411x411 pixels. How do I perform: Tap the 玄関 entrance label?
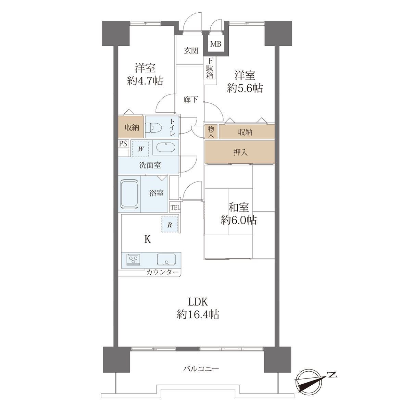[191, 51]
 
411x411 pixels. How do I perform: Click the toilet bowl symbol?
[153, 128]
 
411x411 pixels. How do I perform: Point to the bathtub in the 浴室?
[129, 194]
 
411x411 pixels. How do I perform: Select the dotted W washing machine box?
[140, 149]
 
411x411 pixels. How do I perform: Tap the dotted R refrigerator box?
[170, 224]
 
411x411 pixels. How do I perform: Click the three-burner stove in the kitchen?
[133, 260]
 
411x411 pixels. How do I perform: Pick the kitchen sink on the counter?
[166, 259]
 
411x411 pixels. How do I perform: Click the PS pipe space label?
[123, 144]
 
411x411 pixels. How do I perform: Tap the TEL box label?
[175, 208]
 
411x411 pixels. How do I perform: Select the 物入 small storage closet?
[211, 132]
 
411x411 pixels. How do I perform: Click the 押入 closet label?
[240, 152]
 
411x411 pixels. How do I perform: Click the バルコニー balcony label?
[201, 375]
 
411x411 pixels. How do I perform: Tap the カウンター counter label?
[163, 272]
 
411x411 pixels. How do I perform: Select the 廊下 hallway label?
[191, 99]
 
